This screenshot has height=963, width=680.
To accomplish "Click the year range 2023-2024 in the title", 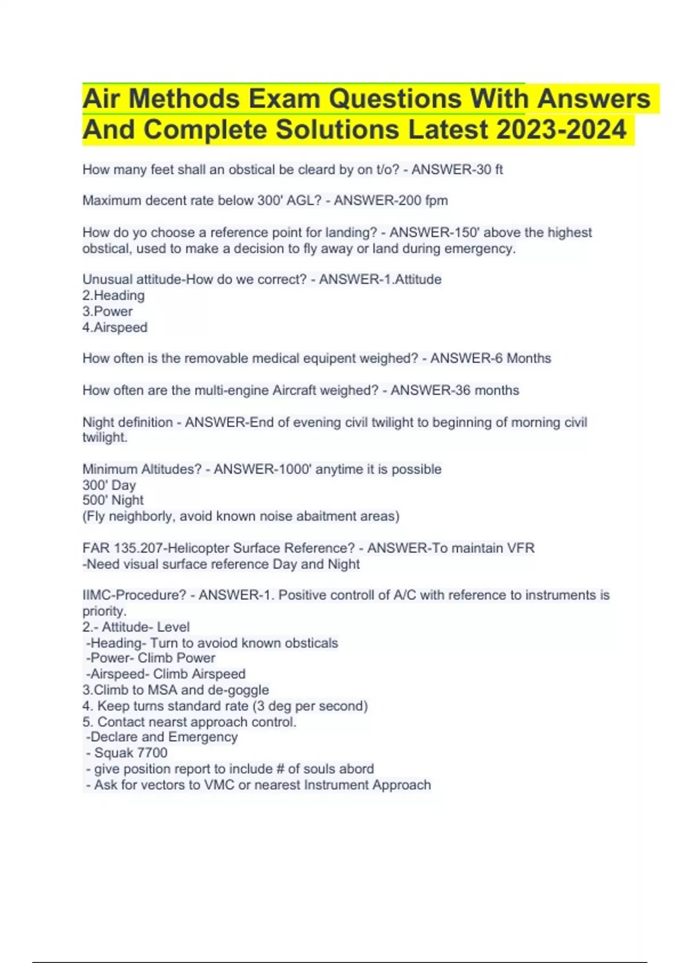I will pos(561,130).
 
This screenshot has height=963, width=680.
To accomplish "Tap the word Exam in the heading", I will pos(284,99).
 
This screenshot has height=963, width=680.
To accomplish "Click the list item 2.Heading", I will pos(113,295).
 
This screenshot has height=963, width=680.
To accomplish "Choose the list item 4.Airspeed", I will pos(114,327).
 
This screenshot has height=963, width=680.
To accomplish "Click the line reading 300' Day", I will pos(109,485).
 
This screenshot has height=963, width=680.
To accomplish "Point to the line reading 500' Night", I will pos(113,500).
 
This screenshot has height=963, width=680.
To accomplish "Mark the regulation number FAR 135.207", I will pos(122,548).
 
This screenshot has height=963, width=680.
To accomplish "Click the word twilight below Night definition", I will pos(104,437).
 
